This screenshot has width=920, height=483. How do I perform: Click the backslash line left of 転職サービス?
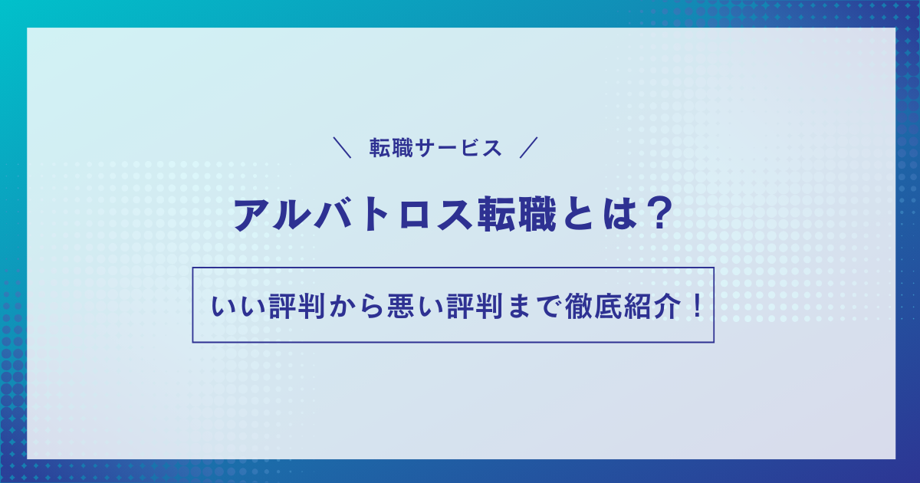click(x=342, y=147)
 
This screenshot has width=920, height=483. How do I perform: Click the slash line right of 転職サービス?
click(x=528, y=147)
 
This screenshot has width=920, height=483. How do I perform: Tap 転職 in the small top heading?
click(x=391, y=148)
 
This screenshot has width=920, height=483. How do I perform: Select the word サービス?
click(x=458, y=148)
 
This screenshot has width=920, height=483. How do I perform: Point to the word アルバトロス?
click(x=353, y=215)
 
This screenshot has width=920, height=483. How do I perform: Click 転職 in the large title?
click(x=517, y=215)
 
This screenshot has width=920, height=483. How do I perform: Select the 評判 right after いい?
click(x=297, y=307)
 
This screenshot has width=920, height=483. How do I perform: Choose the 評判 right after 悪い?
click(x=475, y=307)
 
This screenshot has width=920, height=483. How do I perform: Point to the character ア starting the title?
click(x=251, y=215)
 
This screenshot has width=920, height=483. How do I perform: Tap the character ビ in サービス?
click(x=470, y=148)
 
